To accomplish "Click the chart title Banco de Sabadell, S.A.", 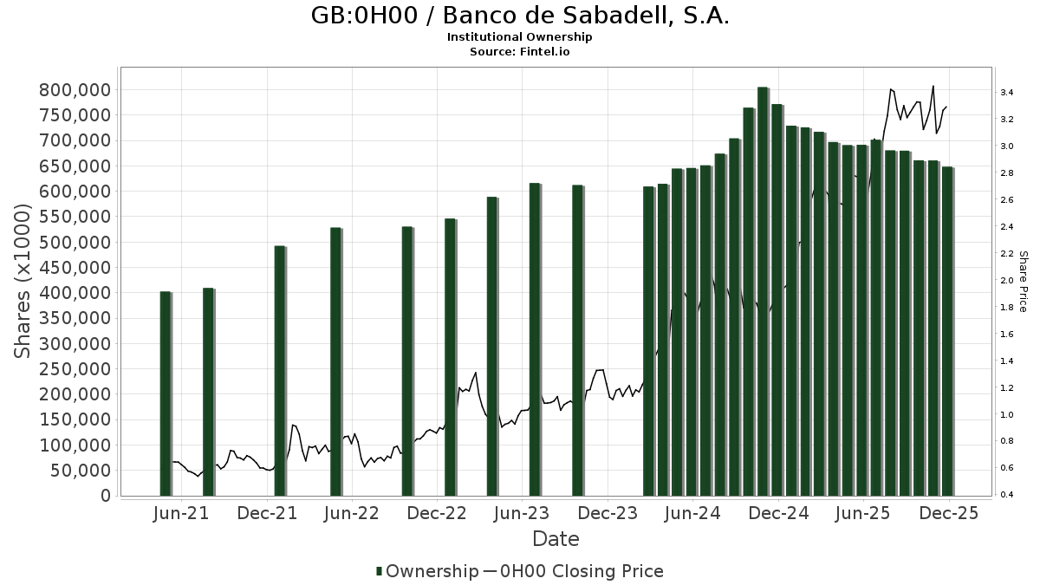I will [x=520, y=16].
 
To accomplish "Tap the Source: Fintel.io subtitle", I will [x=520, y=51].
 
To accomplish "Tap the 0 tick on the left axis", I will [x=106, y=496].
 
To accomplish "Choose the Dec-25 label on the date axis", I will [x=949, y=513].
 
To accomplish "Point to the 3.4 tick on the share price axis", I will [x=1006, y=92].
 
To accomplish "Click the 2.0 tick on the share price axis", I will [x=1006, y=281].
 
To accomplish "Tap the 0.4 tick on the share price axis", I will [x=1006, y=496].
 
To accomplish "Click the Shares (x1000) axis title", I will [x=23, y=283].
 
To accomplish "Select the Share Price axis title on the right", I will [x=1023, y=282].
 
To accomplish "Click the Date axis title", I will [x=556, y=539].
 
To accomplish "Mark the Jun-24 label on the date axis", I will [x=692, y=513].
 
